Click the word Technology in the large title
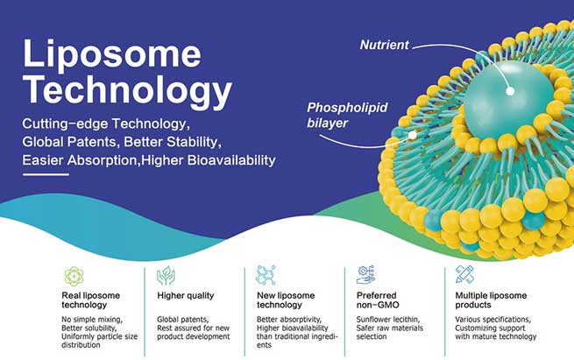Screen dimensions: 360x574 pos(127,89)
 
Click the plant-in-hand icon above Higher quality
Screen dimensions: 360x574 pos(166,276)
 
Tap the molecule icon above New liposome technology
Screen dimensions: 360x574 pos(265,276)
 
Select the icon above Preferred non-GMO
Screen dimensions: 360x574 pos(366,276)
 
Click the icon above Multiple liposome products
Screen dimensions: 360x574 pos(465,276)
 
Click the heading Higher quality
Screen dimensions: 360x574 pos(185,296)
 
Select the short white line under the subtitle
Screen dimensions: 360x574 pos(45,174)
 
